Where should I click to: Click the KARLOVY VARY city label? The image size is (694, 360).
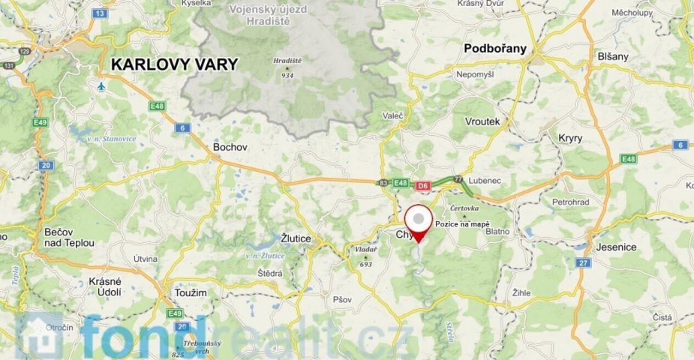174,64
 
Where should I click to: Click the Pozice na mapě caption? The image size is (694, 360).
462,224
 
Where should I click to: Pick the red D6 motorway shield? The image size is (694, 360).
423,184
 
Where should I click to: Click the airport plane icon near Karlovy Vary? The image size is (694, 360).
101,86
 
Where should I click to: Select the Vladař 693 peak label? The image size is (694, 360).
366,256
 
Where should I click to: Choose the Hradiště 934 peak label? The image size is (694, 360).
287,67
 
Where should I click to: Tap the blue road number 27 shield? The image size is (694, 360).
582,263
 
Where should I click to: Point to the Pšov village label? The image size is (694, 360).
342,299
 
